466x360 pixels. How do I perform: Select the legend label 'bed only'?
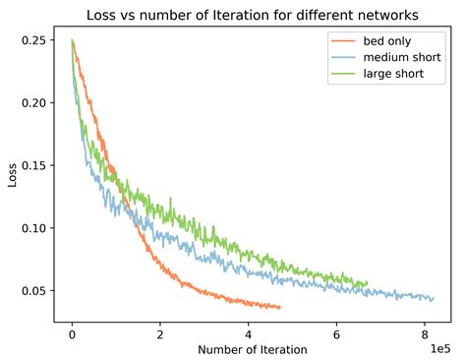pos(385,40)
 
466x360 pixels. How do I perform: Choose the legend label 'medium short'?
pos(400,57)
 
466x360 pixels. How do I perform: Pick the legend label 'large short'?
pos(392,74)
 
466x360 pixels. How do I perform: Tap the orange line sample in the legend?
pos(343,40)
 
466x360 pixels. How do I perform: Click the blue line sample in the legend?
pos(343,57)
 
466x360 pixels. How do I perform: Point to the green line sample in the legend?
pos(343,74)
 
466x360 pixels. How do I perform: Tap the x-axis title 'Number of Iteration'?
pos(252,349)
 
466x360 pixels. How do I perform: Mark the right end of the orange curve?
pos(280,308)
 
